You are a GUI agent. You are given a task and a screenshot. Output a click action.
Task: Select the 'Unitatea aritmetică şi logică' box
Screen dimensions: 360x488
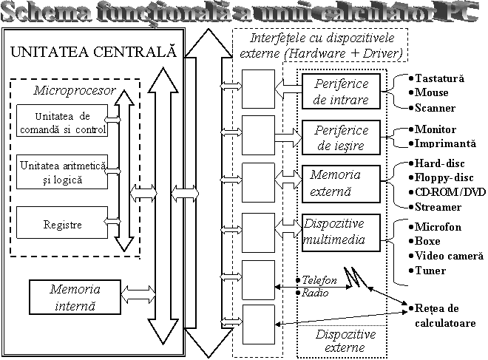point(62,172)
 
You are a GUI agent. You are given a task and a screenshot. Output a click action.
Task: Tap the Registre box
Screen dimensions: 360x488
point(62,224)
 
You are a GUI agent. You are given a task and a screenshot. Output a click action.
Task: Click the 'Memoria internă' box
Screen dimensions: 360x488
point(74,296)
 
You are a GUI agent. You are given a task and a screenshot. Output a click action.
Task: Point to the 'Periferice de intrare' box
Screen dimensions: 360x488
point(341,92)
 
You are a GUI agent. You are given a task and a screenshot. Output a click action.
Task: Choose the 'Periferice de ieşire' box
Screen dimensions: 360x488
point(341,137)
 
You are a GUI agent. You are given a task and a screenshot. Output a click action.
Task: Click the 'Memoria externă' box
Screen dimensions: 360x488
point(341,183)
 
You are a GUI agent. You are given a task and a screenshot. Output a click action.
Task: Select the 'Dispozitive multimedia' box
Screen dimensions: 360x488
point(341,231)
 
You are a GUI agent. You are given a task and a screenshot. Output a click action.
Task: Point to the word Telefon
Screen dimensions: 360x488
point(319,281)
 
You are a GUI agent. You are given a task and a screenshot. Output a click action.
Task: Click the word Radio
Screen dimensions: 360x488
point(311,293)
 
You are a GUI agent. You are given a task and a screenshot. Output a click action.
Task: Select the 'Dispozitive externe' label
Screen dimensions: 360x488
point(345,341)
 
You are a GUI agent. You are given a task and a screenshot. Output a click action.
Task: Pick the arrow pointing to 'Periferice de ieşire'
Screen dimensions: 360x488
point(288,137)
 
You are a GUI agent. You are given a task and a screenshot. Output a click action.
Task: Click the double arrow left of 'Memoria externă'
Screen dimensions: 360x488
point(288,180)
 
